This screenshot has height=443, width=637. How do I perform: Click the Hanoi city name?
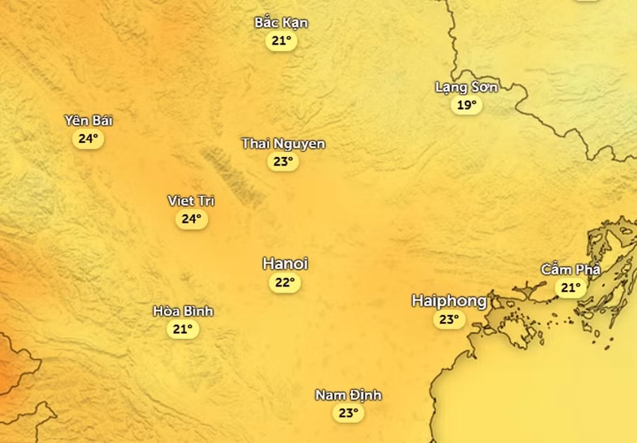click(x=285, y=264)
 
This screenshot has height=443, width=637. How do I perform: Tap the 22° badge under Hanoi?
click(x=285, y=283)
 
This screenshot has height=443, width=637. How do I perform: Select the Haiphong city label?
click(x=449, y=301)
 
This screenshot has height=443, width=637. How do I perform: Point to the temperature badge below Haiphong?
click(x=449, y=320)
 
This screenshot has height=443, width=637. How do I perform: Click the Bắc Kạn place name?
click(x=281, y=23)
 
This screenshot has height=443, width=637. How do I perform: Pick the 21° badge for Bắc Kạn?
click(x=281, y=41)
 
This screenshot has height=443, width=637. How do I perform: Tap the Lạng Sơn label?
click(x=466, y=88)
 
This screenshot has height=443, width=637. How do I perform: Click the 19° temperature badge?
click(x=466, y=105)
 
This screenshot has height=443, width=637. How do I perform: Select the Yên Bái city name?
click(x=88, y=120)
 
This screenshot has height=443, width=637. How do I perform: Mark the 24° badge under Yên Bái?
click(x=88, y=139)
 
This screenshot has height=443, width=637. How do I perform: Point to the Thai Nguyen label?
click(x=283, y=144)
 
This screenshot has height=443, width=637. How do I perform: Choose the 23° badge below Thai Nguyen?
click(x=283, y=162)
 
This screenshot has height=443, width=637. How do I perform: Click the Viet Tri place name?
click(x=191, y=201)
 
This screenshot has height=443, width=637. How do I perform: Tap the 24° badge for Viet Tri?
click(x=191, y=219)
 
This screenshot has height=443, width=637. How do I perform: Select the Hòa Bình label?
click(x=183, y=311)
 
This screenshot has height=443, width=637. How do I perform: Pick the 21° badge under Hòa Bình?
click(x=183, y=329)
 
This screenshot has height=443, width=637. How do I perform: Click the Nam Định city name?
click(x=348, y=395)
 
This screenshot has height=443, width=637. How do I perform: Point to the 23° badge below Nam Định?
click(x=348, y=413)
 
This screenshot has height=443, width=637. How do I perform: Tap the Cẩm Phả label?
click(x=570, y=270)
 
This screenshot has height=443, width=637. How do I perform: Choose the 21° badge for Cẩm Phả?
click(x=570, y=287)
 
